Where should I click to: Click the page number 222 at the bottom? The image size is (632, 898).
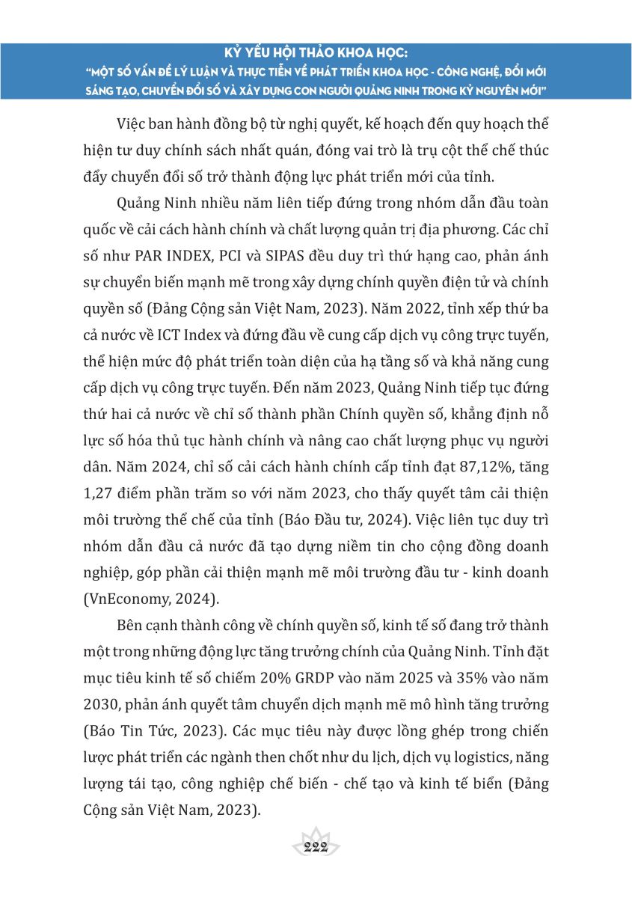317,846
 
